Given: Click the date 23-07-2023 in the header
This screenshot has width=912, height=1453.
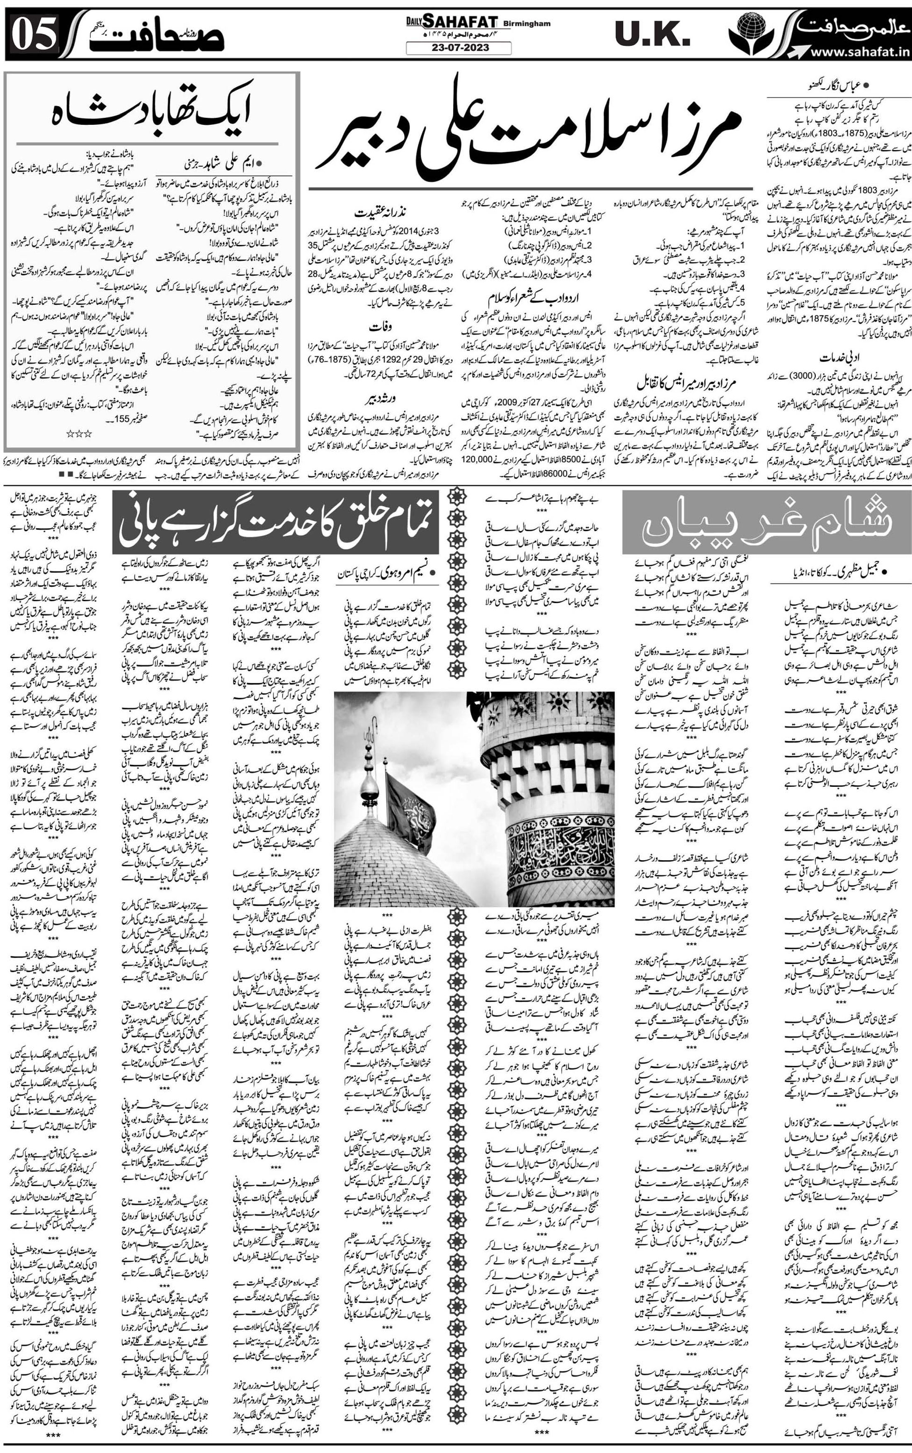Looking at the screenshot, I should point(458,48).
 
